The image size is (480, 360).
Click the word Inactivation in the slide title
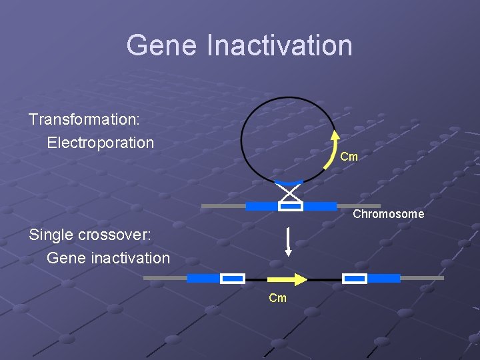click(279, 45)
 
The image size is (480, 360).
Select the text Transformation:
click(83, 119)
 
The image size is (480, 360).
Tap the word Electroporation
click(100, 143)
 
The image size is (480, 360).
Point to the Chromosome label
click(388, 214)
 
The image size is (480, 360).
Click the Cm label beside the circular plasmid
click(349, 157)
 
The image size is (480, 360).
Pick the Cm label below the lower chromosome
click(277, 298)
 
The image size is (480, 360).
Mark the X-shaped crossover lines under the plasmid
click(290, 193)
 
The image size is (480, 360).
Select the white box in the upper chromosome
click(291, 206)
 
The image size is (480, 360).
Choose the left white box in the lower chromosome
click(233, 278)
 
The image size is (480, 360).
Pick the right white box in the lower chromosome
click(355, 278)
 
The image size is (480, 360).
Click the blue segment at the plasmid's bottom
click(289, 182)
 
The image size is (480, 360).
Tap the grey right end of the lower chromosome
click(421, 278)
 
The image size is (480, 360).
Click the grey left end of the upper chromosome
click(223, 206)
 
